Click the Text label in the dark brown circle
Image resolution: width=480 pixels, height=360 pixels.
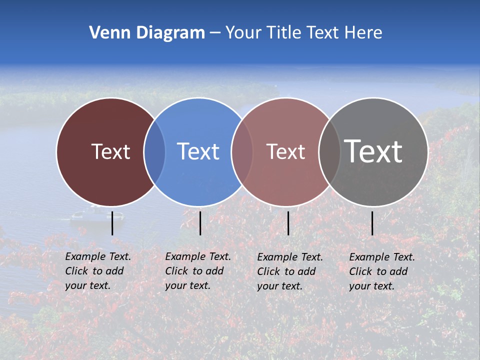(110, 151)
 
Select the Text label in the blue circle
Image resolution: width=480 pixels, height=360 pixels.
(198, 151)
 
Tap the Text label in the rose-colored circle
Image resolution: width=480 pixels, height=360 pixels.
(285, 151)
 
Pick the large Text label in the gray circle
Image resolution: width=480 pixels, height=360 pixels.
(373, 151)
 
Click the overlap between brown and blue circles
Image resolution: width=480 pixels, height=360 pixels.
(154, 151)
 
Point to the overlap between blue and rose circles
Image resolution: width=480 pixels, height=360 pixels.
(242, 151)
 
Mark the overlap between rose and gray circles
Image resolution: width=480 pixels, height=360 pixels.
(329, 151)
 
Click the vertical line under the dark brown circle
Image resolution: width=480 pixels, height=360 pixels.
(112, 223)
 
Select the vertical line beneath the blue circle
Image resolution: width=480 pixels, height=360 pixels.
(200, 223)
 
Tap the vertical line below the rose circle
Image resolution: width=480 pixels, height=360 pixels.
(288, 223)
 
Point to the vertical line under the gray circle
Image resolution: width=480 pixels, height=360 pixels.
(372, 223)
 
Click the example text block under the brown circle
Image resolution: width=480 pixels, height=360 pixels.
(97, 271)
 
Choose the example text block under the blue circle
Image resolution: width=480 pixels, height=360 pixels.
(197, 271)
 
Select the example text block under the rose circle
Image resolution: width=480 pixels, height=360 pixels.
(289, 271)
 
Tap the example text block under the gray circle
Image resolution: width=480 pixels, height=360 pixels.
(381, 271)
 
